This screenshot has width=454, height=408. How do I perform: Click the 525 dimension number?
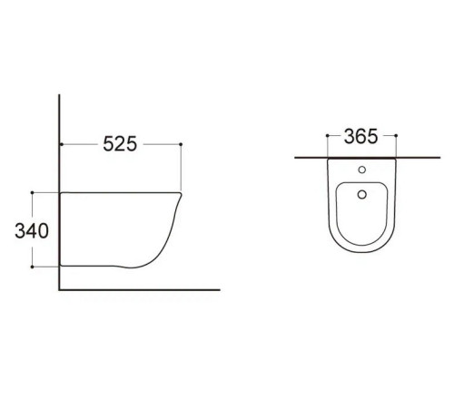coord(120,144)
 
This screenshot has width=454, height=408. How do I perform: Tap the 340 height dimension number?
coord(32,230)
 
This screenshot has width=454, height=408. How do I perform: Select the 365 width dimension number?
coord(361,138)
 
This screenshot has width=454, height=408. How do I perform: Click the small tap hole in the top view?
coord(361,170)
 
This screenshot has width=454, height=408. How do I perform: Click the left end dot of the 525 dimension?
coord(60,144)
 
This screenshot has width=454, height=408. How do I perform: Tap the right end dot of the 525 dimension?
coord(182,144)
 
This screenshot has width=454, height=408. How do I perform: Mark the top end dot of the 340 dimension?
coord(32,192)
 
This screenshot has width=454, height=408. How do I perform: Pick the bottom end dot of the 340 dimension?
coord(32,267)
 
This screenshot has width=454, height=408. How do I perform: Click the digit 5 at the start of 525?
coord(107,144)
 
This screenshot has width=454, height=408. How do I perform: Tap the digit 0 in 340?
coord(44,230)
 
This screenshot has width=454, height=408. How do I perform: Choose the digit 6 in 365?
coord(361,138)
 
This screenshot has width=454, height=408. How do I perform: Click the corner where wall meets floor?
coord(60,290)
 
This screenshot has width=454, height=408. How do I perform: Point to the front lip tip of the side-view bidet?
coord(182,196)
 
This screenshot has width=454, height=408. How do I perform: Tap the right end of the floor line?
coord(220,290)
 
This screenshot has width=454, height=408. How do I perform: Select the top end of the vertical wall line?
coord(60,94)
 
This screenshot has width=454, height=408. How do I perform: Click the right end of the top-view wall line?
coord(428,158)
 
